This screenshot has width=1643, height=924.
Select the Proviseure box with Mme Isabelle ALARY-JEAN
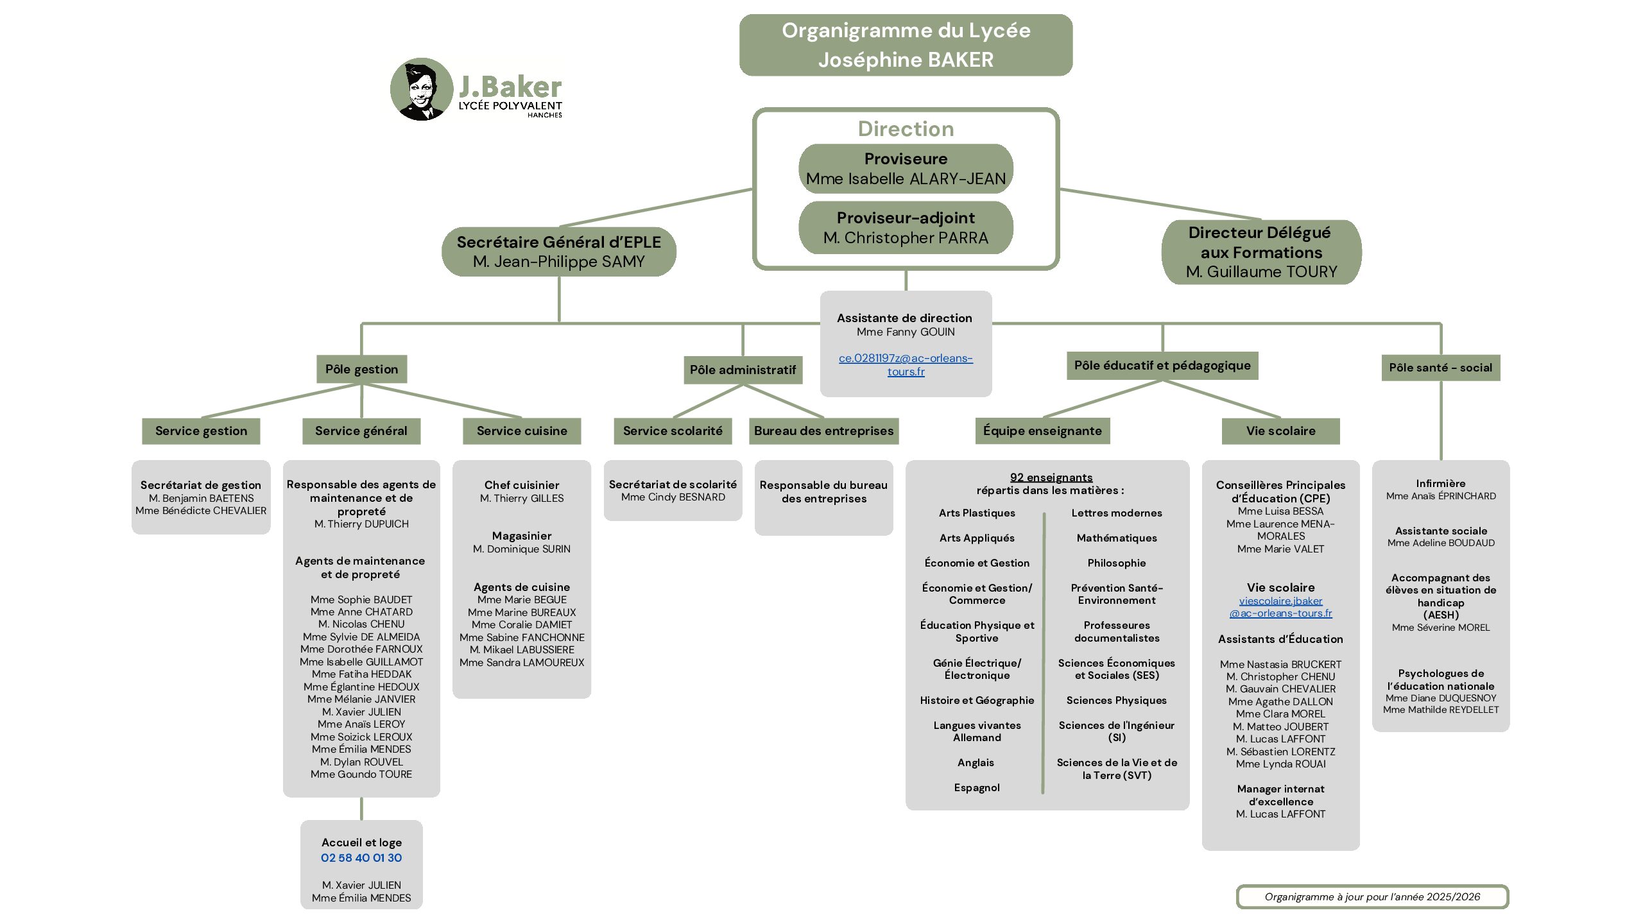coord(906,169)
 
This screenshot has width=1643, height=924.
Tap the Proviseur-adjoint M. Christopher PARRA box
coord(906,228)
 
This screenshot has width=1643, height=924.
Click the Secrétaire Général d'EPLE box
coord(558,252)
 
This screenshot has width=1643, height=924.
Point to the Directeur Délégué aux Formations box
coord(1261,252)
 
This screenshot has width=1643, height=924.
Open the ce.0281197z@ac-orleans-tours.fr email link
coord(906,364)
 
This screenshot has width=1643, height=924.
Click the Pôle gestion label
coord(361,369)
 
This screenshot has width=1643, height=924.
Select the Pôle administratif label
coord(743,370)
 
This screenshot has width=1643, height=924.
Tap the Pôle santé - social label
coord(1441,368)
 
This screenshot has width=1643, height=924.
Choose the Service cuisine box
coord(522,431)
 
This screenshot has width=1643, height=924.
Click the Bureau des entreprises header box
coord(823,431)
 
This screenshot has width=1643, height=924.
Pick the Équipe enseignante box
coord(1042,431)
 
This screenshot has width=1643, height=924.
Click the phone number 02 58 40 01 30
coord(361,858)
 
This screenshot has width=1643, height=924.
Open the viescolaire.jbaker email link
coord(1280,607)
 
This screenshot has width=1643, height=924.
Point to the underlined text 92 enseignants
coord(1051,477)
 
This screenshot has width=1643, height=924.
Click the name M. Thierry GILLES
coord(522,499)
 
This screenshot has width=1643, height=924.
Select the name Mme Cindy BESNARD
coord(673,497)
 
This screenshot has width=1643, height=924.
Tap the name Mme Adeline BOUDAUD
coord(1441,543)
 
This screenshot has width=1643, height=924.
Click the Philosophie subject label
coord(1117,563)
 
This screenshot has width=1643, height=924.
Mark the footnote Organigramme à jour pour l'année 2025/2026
coord(1372,897)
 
